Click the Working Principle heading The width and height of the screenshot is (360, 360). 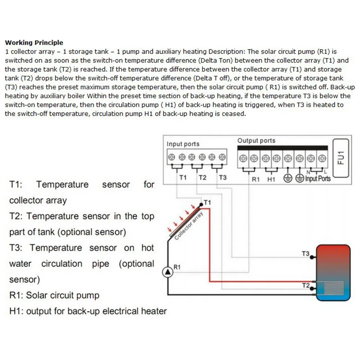point(34,43)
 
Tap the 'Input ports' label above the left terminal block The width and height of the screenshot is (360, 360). point(183,144)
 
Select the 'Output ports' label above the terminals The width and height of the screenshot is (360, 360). point(256,140)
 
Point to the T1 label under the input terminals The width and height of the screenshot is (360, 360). point(183,178)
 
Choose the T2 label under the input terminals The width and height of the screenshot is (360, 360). point(202,178)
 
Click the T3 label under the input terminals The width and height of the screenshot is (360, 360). point(223,178)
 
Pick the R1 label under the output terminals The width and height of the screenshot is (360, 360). point(256,179)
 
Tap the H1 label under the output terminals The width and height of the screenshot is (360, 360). point(271,179)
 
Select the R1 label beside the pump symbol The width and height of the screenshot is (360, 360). point(177,266)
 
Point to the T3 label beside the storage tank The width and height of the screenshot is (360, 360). point(306,254)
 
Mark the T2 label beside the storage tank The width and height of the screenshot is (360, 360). point(306,285)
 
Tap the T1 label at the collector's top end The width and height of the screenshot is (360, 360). point(207,202)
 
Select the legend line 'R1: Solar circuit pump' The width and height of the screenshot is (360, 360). point(54,296)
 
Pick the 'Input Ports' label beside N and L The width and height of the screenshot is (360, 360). point(318,179)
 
